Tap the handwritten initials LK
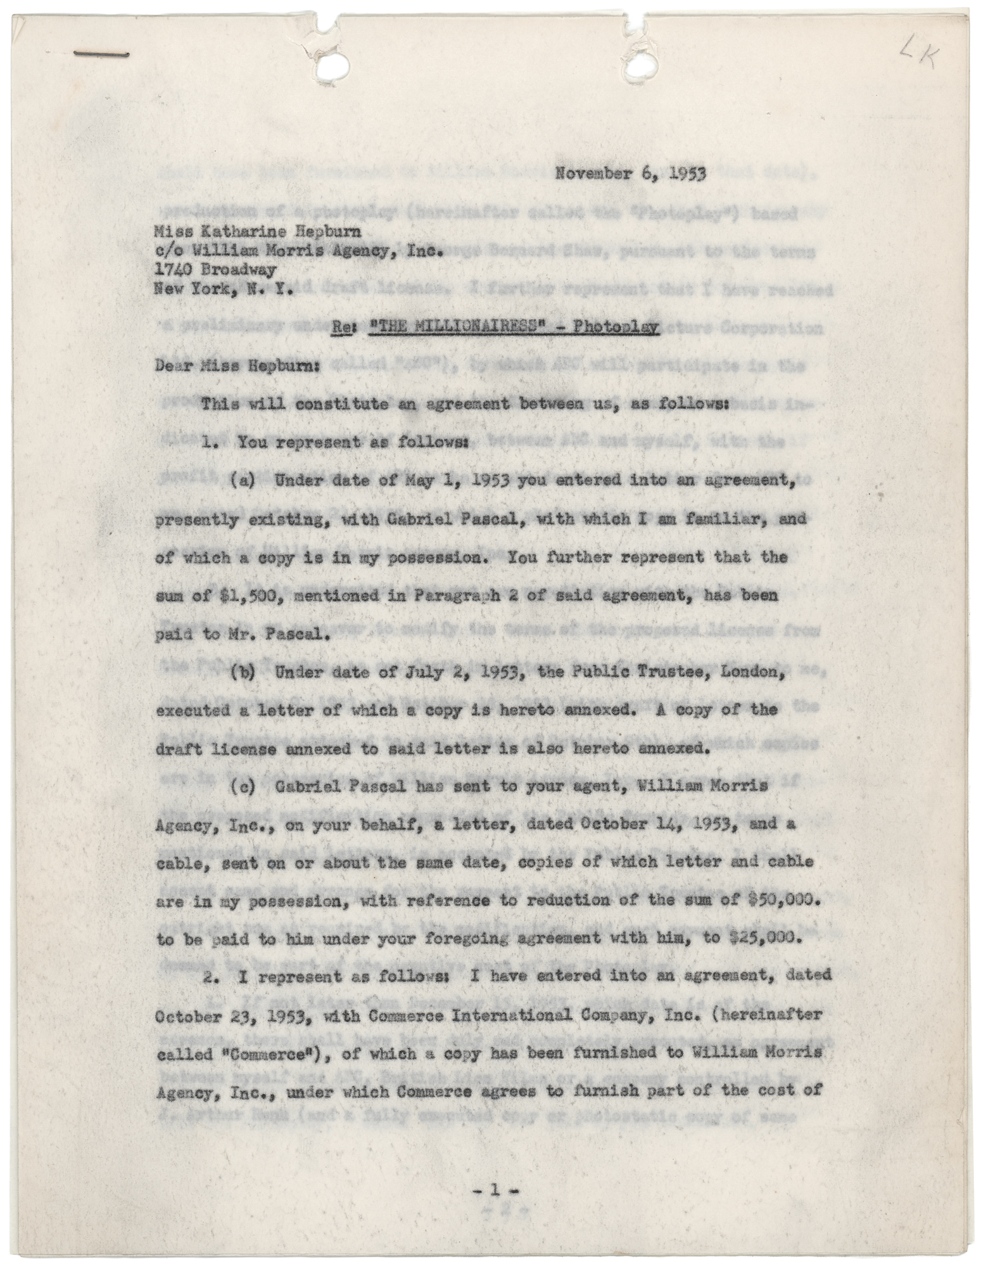click(x=923, y=61)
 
